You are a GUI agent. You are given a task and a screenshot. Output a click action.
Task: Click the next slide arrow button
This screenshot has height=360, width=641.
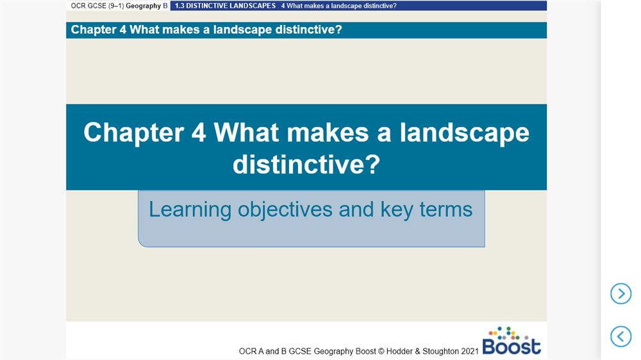pyautogui.click(x=621, y=293)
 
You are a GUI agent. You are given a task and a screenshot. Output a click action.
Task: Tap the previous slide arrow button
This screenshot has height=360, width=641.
pyautogui.click(x=621, y=336)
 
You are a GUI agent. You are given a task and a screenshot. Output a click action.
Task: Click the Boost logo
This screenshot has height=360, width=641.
pyautogui.click(x=512, y=341)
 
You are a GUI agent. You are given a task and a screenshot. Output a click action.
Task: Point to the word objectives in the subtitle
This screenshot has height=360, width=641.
pyautogui.click(x=285, y=210)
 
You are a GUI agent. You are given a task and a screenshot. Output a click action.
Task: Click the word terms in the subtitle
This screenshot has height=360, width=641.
pyautogui.click(x=446, y=209)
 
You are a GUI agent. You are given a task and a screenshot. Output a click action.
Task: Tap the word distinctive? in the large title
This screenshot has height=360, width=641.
pyautogui.click(x=306, y=164)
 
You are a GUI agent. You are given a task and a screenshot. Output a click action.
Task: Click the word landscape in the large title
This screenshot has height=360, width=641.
pyautogui.click(x=464, y=134)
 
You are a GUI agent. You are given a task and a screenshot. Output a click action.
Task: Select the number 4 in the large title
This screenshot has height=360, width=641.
pyautogui.click(x=198, y=133)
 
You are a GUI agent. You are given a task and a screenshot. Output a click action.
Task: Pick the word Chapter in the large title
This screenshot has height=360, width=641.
pyautogui.click(x=134, y=133)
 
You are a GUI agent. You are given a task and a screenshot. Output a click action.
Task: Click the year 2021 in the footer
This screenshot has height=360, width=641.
pyautogui.click(x=470, y=352)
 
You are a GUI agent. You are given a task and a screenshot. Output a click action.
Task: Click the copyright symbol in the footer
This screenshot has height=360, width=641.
pyautogui.click(x=381, y=352)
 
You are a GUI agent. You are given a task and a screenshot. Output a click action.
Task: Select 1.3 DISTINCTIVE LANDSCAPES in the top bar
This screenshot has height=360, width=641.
pyautogui.click(x=225, y=6)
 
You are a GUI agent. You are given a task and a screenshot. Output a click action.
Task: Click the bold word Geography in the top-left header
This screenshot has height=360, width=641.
pyautogui.click(x=144, y=6)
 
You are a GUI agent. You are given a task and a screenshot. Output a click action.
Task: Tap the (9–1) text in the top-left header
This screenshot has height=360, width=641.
pyautogui.click(x=116, y=6)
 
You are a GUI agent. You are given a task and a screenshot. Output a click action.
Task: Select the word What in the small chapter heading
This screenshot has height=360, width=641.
pyautogui.click(x=142, y=30)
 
